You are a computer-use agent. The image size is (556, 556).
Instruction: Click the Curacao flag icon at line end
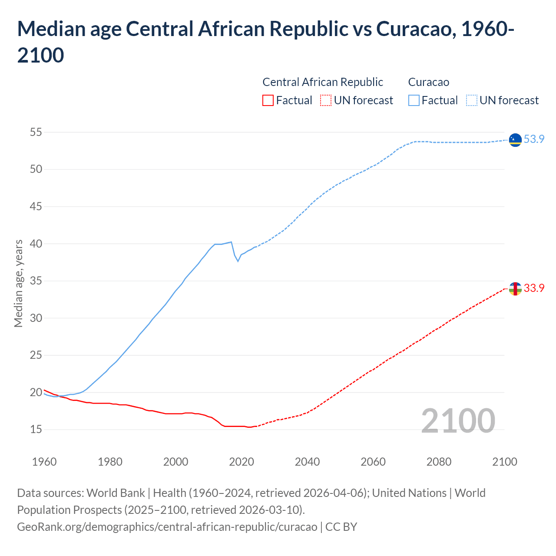[x=515, y=140]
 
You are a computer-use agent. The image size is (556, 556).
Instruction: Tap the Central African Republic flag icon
[x=515, y=288]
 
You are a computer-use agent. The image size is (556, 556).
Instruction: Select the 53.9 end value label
[x=534, y=139]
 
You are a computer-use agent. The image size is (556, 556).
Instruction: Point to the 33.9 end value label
[x=534, y=288]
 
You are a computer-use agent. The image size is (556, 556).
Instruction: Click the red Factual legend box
[x=268, y=100]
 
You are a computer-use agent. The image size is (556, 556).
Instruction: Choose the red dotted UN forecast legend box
[x=326, y=100]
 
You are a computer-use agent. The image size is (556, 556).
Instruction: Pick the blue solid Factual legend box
[x=414, y=100]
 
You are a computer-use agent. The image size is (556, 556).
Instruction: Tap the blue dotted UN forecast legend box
[x=472, y=100]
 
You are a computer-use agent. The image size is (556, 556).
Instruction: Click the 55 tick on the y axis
[x=36, y=132]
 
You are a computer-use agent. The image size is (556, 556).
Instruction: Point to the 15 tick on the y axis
[x=36, y=430]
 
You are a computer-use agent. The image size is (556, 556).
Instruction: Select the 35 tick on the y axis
[x=36, y=281]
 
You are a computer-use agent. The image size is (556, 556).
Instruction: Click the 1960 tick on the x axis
[x=44, y=461]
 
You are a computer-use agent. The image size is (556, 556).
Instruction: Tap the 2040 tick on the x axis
[x=307, y=461]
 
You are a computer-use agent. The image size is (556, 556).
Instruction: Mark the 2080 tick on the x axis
[x=439, y=461]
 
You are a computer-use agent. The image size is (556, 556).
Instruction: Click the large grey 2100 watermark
[x=458, y=420]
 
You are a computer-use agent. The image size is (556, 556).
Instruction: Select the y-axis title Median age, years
[x=18, y=283]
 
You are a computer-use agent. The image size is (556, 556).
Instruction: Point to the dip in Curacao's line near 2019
[x=238, y=261]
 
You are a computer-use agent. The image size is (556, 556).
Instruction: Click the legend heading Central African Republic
[x=323, y=82]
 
